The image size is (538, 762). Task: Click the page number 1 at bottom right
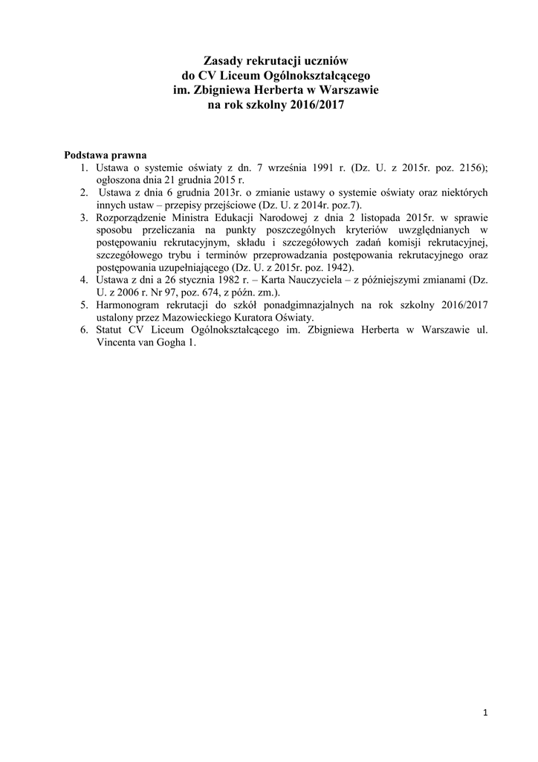click(x=484, y=715)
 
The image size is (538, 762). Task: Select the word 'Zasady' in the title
click(x=223, y=60)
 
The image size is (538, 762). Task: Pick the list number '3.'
click(x=84, y=217)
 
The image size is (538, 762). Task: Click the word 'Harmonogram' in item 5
click(x=129, y=304)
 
